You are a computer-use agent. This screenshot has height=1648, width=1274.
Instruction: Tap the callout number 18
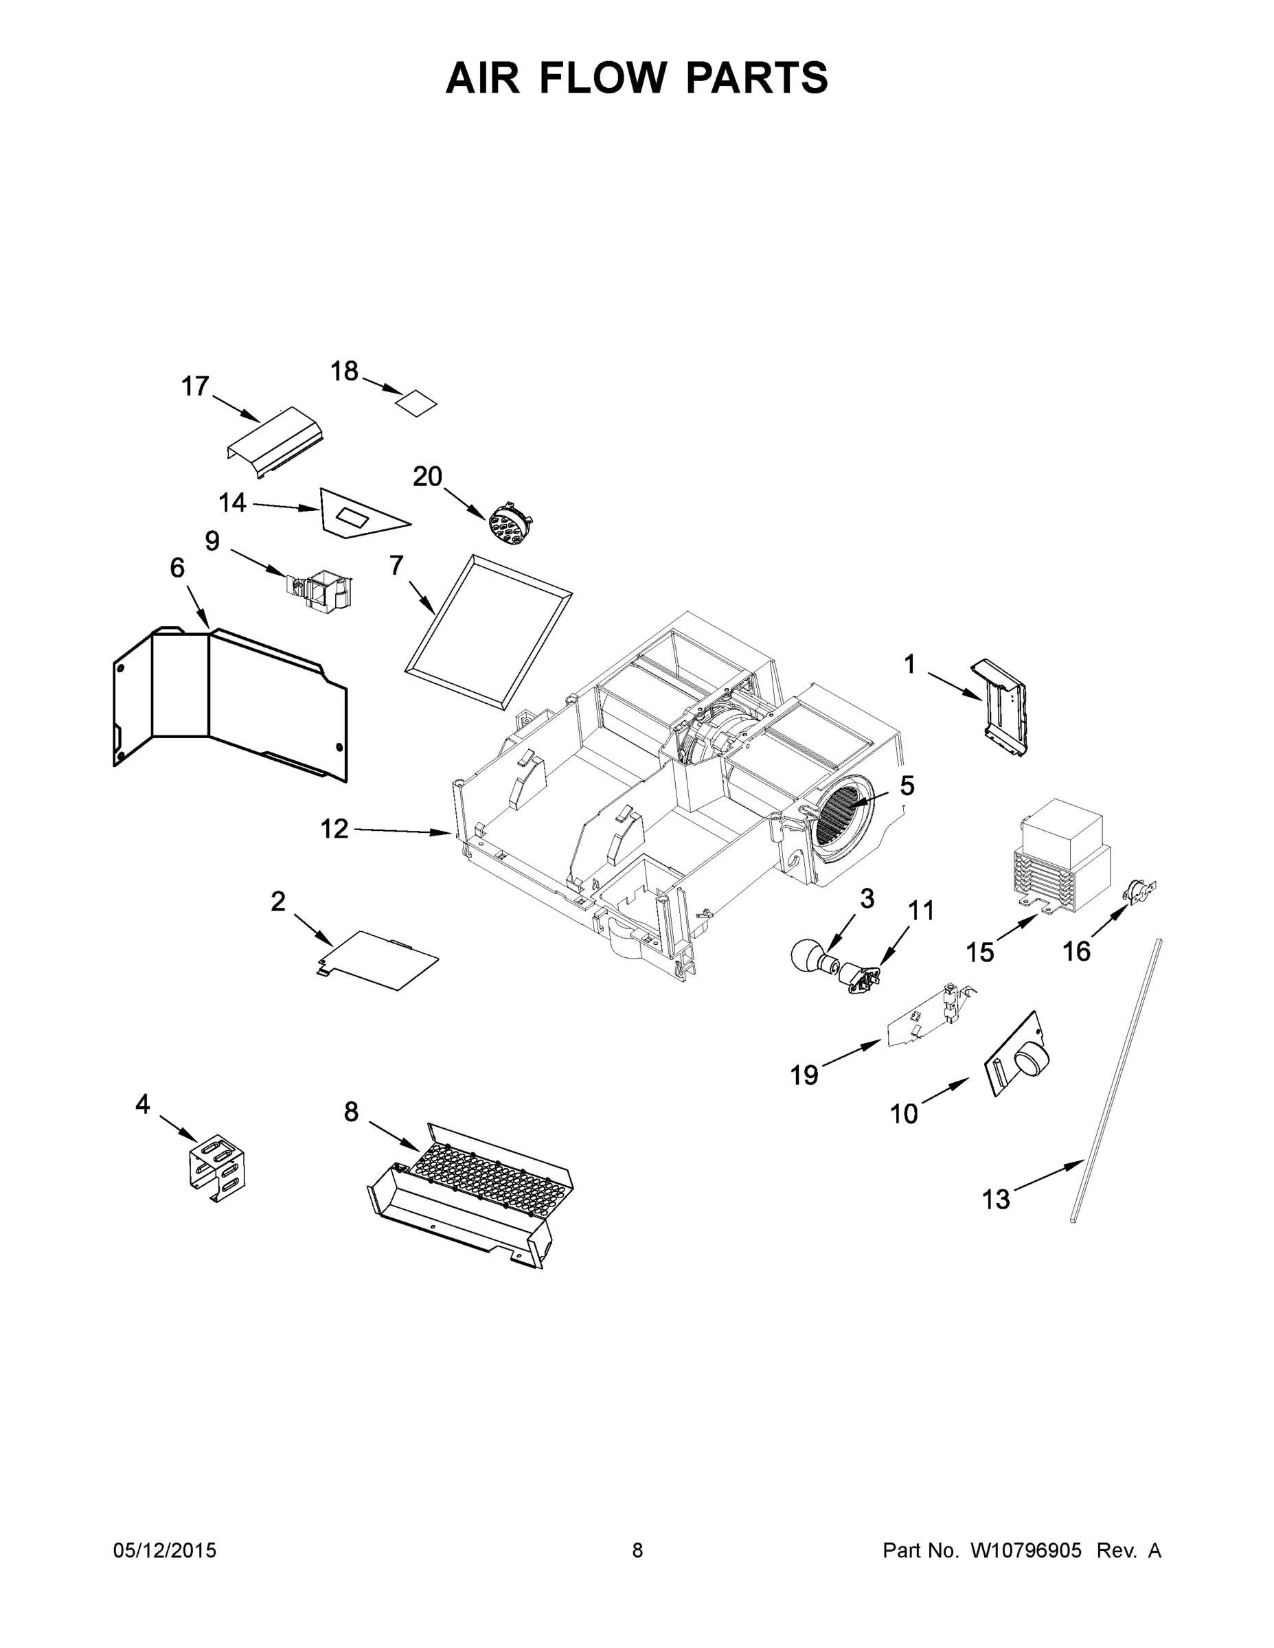pos(344,371)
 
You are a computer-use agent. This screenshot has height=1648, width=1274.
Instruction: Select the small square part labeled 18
pos(418,403)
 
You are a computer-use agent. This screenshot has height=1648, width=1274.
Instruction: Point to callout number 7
pos(396,565)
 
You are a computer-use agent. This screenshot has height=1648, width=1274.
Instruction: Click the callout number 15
pos(979,952)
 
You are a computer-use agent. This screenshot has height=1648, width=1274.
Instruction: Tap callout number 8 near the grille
pos(351,1112)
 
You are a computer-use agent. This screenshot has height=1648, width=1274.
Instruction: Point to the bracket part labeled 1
pos(1001,708)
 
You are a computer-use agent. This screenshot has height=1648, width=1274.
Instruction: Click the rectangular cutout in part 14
pos(352,518)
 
